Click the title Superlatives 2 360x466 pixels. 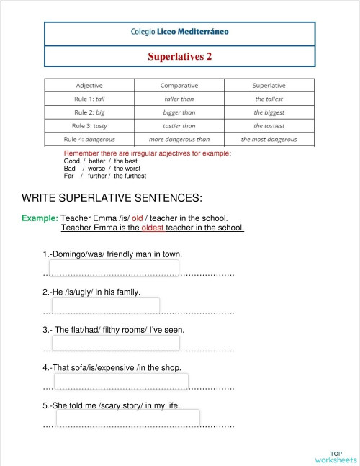[x=180, y=55]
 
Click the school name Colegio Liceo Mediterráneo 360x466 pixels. [x=180, y=32]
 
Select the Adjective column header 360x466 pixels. [x=90, y=85]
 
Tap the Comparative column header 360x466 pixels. [x=179, y=85]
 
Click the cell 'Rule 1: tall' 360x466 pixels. [x=90, y=99]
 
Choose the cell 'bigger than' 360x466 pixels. [x=179, y=112]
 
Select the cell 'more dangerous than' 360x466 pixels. [x=179, y=139]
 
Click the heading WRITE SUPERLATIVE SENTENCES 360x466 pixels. [x=112, y=198]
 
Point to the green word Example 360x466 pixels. [x=40, y=218]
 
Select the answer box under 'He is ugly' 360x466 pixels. [x=105, y=306]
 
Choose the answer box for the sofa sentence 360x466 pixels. [x=120, y=381]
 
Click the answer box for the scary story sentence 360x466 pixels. [x=127, y=418]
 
